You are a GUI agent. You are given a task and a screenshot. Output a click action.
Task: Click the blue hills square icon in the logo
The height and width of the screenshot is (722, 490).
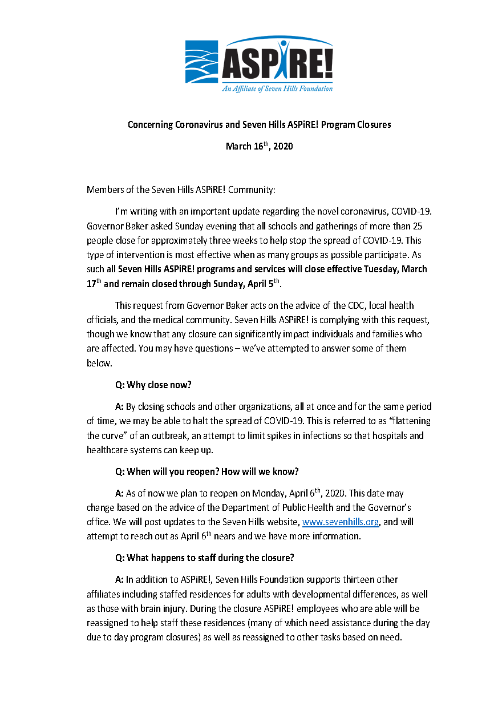click(x=201, y=62)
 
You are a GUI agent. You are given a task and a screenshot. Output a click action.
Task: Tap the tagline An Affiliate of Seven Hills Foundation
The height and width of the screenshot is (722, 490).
click(x=277, y=88)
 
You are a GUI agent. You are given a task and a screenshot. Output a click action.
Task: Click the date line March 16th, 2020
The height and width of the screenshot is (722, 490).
click(x=259, y=147)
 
